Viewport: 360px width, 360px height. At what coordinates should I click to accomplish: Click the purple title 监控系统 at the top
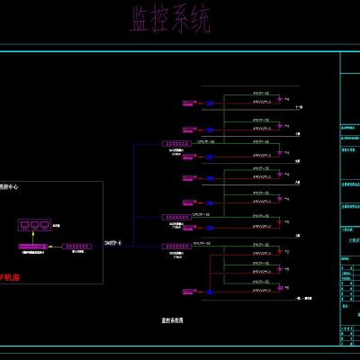pyautogui.click(x=170, y=20)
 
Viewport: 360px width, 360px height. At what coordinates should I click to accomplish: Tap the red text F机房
pyautogui.click(x=8, y=278)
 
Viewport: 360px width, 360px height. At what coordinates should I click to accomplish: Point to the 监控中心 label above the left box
pyautogui.click(x=7, y=187)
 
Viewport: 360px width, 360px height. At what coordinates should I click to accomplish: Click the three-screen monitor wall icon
pyautogui.click(x=35, y=226)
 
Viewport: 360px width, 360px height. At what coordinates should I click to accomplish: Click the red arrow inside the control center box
pyautogui.click(x=54, y=246)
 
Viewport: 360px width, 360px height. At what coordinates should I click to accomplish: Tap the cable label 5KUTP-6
pyautogui.click(x=115, y=242)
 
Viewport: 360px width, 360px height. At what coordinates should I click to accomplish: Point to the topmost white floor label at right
pyautogui.click(x=299, y=107)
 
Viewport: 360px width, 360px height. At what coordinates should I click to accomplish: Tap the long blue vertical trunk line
pyautogui.click(x=133, y=193)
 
